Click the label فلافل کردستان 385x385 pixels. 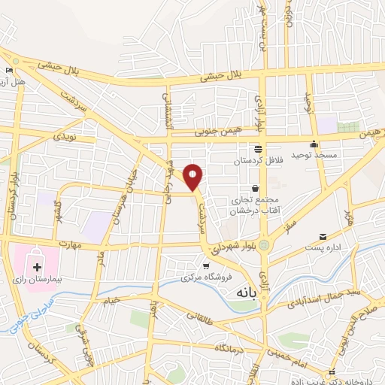click(x=257, y=161)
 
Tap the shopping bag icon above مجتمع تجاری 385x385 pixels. click(x=256, y=187)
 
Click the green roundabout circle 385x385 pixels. click(x=264, y=245)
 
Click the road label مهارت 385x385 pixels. click(x=69, y=244)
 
